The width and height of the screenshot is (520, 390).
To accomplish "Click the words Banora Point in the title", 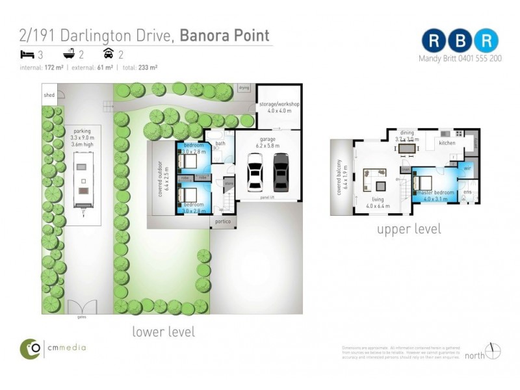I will tap(224, 34).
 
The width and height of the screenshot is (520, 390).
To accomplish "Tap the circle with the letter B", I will tap(460, 40).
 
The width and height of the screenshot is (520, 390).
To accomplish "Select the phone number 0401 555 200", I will tap(478, 58).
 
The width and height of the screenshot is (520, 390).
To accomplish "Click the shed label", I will tap(49, 95).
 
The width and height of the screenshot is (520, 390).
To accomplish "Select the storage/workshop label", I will tap(279, 104).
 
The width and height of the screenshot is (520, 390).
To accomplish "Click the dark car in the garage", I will tap(281, 174).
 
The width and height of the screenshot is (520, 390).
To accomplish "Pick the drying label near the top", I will tap(244, 87).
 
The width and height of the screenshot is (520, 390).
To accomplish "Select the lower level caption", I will tap(163, 331).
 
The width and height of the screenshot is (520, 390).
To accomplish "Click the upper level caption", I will tap(409, 229).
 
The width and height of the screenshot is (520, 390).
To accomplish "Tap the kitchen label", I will tap(447, 142).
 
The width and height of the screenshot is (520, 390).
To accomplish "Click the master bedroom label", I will tap(435, 193).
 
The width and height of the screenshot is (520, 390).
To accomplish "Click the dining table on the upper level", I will tap(408, 149).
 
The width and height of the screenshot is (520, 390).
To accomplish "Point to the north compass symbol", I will tap(493, 351).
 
